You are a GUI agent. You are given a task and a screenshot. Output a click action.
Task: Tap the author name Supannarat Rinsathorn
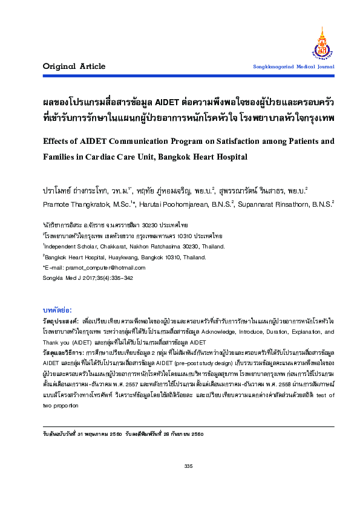(x=283, y=204)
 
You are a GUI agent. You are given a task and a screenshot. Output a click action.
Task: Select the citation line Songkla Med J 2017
(x=66, y=277)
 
